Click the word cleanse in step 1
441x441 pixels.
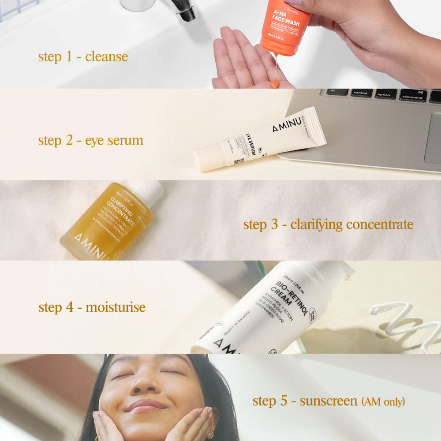coord(106,57)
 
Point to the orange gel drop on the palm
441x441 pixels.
coord(274,83)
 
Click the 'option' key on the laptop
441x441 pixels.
coord(385,94)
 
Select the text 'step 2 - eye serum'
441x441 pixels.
coord(90,141)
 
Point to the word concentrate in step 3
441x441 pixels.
coord(379,224)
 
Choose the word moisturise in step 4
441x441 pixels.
coord(116,307)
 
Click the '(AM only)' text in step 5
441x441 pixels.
coord(383,401)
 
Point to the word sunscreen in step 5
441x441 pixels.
coord(329,401)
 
